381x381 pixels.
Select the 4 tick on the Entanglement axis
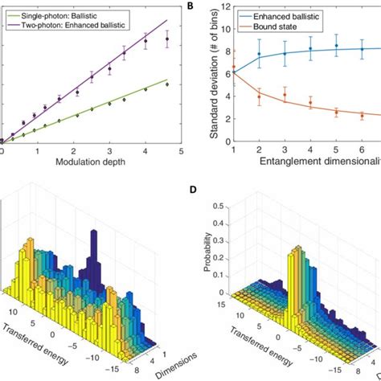pos(311,150)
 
